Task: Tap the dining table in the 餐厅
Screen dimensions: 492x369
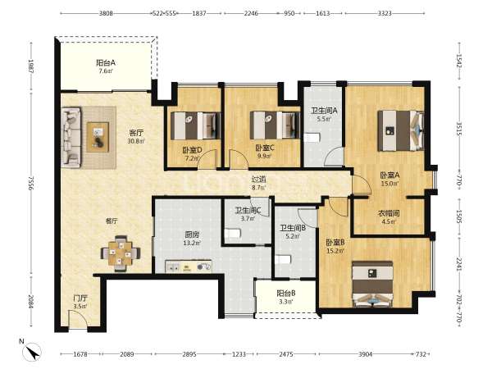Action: click(121, 253)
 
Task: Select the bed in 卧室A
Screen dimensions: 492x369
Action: click(401, 130)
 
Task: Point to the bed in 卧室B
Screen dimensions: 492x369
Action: click(372, 285)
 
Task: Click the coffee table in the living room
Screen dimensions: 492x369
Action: click(98, 137)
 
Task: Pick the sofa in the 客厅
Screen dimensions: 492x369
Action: click(71, 136)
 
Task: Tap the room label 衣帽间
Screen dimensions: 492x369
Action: click(389, 213)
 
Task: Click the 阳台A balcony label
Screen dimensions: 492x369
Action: click(106, 63)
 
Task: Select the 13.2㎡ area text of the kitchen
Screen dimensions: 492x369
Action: click(192, 243)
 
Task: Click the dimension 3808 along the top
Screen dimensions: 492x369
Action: click(106, 13)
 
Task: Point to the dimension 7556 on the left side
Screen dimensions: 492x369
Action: click(31, 183)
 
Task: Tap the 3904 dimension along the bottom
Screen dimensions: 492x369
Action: click(365, 354)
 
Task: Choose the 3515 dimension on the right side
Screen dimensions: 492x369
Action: click(459, 129)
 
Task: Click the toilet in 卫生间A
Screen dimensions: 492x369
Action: click(312, 138)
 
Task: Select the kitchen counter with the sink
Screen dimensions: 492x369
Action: click(189, 266)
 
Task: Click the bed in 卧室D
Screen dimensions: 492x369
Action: click(195, 125)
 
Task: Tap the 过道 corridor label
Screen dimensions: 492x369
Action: click(259, 180)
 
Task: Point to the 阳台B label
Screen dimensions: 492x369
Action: click(286, 294)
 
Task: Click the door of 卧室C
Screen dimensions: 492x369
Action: click(239, 159)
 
